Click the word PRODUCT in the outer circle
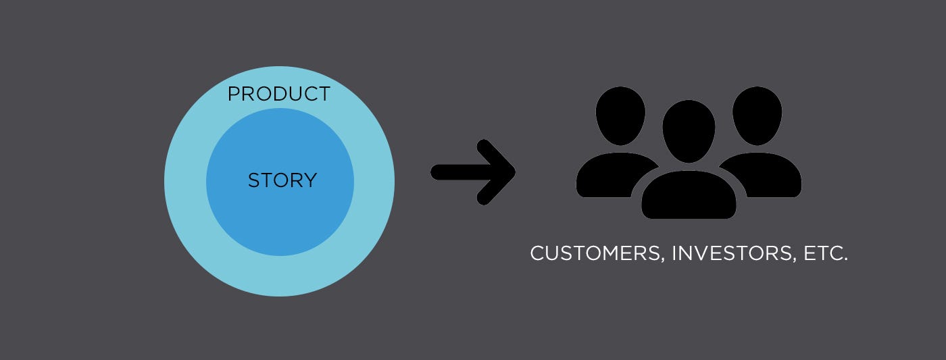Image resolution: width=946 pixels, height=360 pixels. point(278,94)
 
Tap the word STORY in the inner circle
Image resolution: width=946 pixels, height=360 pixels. point(282,180)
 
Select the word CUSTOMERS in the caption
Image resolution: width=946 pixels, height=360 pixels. point(595,253)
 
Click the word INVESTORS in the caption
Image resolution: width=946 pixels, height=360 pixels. point(732,253)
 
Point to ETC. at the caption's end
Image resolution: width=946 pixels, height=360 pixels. point(825,253)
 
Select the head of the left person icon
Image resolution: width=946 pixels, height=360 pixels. point(620,115)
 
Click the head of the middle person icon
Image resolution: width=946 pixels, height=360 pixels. point(689,131)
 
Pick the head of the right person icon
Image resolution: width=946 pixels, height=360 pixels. point(757,115)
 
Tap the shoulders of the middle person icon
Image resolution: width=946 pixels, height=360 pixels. point(689,195)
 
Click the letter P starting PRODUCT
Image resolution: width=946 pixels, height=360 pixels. point(234,94)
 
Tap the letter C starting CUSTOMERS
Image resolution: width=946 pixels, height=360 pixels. point(538,253)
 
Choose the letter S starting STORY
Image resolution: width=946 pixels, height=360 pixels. point(254,180)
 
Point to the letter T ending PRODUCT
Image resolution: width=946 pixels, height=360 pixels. point(324,94)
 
